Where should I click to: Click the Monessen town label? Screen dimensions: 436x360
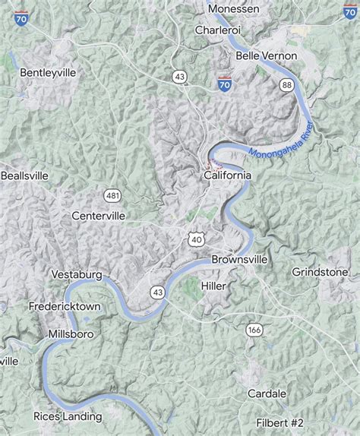click(x=233, y=8)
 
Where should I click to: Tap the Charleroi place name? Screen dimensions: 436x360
click(x=218, y=30)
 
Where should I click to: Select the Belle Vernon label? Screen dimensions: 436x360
click(x=267, y=56)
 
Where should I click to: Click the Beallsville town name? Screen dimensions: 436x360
click(x=24, y=175)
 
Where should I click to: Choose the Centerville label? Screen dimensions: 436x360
click(x=99, y=216)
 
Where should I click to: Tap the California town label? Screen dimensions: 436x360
click(x=227, y=175)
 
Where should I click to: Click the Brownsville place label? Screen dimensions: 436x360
click(x=239, y=259)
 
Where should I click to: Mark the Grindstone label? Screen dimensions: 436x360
click(x=321, y=271)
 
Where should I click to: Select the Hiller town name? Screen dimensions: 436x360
click(x=214, y=285)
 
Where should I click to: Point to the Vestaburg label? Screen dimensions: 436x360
click(x=76, y=273)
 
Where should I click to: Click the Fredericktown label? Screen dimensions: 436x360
click(x=65, y=308)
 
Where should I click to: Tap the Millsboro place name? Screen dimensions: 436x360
click(x=71, y=333)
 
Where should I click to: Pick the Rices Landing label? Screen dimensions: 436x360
click(x=68, y=415)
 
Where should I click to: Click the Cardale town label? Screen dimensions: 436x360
click(x=267, y=393)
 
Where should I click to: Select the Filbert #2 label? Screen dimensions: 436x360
click(x=279, y=422)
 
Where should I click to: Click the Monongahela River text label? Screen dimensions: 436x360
click(x=280, y=141)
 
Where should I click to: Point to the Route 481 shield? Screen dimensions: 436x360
click(x=113, y=196)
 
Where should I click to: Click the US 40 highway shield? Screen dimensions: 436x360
click(x=196, y=239)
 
